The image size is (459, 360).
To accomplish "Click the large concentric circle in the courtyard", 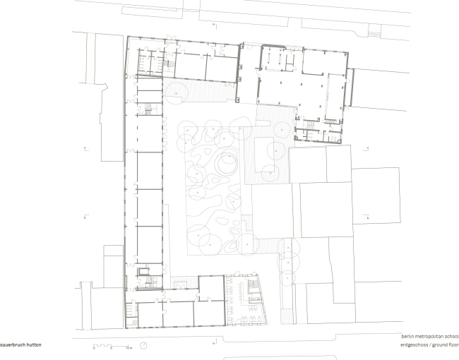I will click(x=227, y=165).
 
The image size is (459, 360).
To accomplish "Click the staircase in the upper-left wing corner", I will click(x=167, y=64).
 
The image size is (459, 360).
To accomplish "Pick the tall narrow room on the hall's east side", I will click(x=348, y=92).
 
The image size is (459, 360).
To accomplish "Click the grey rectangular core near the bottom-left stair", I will click(x=144, y=270).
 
